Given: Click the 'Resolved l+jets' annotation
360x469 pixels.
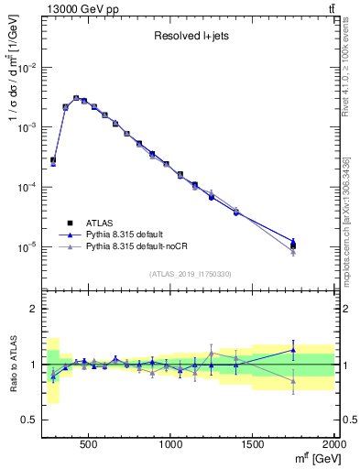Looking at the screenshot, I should [x=190, y=37].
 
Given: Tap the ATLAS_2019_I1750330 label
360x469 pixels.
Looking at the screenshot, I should [x=190, y=274].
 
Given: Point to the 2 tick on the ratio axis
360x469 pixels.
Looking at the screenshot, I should [x=35, y=309].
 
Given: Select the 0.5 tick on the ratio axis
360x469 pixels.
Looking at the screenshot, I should [x=31, y=420].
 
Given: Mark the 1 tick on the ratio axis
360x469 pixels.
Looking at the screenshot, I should [x=35, y=365].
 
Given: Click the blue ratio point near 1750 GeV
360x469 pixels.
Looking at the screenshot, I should [x=293, y=350].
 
